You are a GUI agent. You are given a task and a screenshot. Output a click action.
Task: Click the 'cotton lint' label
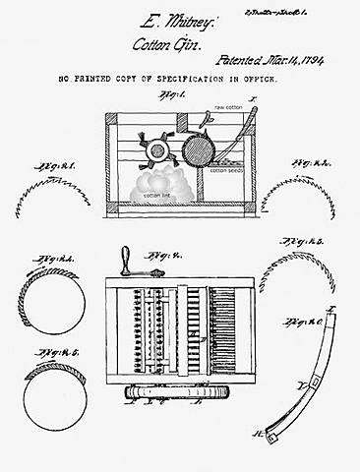pos(156,194)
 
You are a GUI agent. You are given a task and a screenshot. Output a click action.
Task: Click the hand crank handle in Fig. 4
pos(125,260)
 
